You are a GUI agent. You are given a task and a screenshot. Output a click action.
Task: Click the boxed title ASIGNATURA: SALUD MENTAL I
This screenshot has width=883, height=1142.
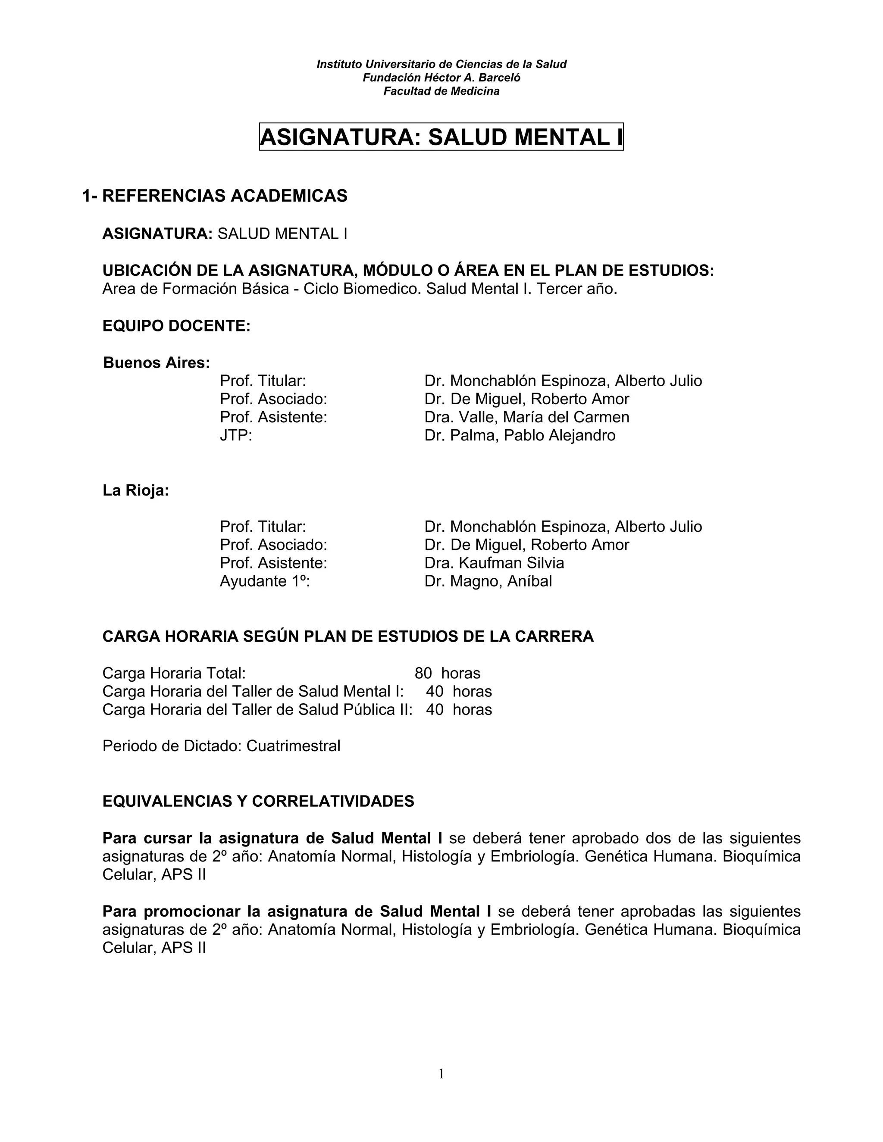(441, 137)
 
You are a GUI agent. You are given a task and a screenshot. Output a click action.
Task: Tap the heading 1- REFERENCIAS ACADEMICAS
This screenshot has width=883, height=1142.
(214, 196)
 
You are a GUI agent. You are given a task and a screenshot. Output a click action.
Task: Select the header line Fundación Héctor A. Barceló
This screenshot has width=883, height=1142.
(441, 78)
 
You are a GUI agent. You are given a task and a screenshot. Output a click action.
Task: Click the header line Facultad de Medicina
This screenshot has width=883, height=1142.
(441, 91)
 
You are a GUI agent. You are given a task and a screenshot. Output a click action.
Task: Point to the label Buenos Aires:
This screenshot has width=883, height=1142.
(157, 362)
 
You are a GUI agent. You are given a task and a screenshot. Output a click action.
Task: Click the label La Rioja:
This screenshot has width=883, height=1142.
(135, 490)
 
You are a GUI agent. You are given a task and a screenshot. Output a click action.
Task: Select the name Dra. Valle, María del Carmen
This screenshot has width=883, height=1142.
(527, 417)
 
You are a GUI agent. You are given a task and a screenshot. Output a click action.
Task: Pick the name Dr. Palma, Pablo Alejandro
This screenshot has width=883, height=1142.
(520, 436)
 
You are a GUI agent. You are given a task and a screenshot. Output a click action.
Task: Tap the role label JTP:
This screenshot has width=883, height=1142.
(236, 436)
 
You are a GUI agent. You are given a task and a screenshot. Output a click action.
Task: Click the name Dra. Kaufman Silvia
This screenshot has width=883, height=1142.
(495, 563)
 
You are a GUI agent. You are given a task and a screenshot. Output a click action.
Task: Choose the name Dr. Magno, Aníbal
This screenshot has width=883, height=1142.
(488, 581)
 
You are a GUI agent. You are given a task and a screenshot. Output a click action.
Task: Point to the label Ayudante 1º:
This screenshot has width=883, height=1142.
(265, 581)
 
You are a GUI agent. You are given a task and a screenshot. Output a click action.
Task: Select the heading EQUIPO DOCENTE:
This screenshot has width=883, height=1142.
(176, 326)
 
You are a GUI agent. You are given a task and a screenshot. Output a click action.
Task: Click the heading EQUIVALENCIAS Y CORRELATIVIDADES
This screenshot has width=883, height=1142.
(258, 802)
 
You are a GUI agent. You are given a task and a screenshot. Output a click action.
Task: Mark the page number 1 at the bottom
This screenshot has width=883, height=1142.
(441, 1074)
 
